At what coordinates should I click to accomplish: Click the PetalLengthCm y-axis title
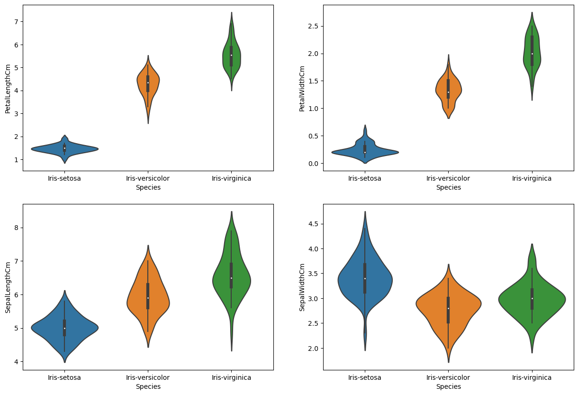pos(8,88)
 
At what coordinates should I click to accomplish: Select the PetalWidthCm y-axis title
pos(302,88)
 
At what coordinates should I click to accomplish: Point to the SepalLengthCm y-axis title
pos(8,287)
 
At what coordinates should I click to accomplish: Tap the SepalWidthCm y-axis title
pos(302,287)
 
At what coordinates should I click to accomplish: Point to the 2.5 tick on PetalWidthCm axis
pos(313,26)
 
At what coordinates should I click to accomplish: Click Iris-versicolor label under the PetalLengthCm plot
pos(148,178)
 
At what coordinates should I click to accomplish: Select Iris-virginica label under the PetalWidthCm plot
pos(532,178)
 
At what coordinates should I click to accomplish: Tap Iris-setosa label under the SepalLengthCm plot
pos(64,377)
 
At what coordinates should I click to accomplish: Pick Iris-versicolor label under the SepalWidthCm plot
pos(448,377)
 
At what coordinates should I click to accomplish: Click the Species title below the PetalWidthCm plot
pos(448,187)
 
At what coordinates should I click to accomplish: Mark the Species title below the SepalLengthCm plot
pos(148,386)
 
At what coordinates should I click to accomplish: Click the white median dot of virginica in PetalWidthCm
pos(532,54)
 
